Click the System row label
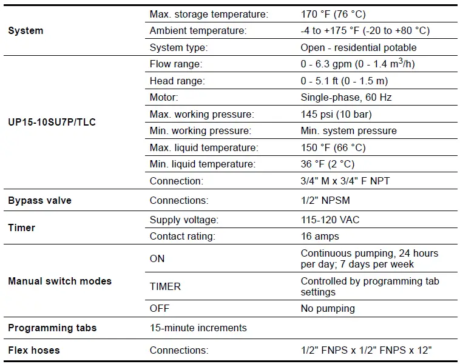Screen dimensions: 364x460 pyautogui.click(x=25, y=30)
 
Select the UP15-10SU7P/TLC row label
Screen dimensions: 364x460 pyautogui.click(x=52, y=122)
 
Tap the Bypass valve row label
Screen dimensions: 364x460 pyautogui.click(x=39, y=200)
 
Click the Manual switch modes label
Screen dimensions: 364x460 pyautogui.click(x=59, y=281)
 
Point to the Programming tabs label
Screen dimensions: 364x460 pyautogui.click(x=52, y=328)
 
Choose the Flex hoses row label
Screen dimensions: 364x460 pyautogui.click(x=33, y=350)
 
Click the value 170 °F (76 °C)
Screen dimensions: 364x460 pyautogui.click(x=333, y=14)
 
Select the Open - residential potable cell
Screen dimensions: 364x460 pyautogui.click(x=359, y=47)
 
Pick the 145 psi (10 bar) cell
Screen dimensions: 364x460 pyautogui.click(x=336, y=114)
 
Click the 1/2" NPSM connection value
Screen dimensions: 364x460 pyautogui.click(x=325, y=200)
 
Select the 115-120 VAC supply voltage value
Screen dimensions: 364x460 pyautogui.click(x=330, y=220)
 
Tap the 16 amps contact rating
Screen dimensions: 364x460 pyautogui.click(x=320, y=236)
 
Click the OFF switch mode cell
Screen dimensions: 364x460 pyautogui.click(x=159, y=308)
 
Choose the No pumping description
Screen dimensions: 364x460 pyautogui.click(x=328, y=308)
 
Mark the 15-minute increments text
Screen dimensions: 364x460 pyautogui.click(x=198, y=328)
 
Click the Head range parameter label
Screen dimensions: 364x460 pyautogui.click(x=177, y=81)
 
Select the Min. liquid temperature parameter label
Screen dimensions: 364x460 pyautogui.click(x=202, y=164)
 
